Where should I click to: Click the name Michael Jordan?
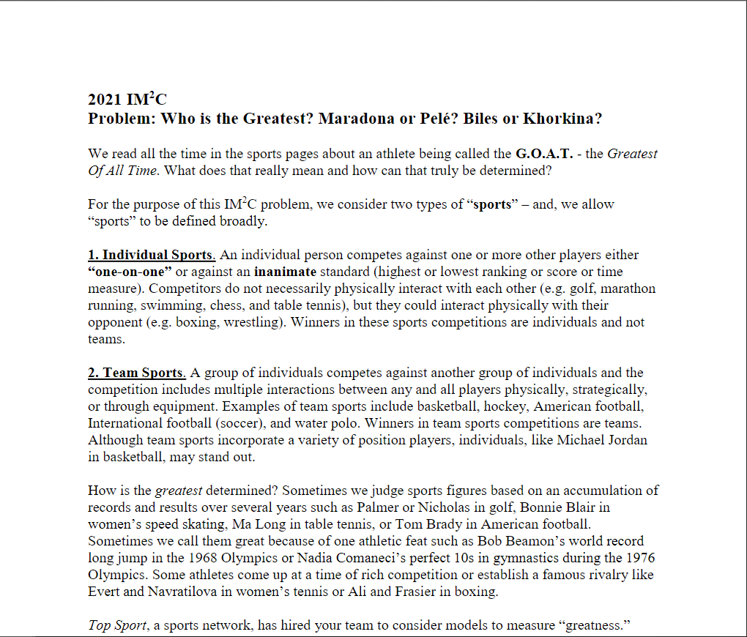pyautogui.click(x=602, y=440)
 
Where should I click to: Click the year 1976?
pyautogui.click(x=638, y=558)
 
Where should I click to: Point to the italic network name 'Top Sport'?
pyautogui.click(x=117, y=626)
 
